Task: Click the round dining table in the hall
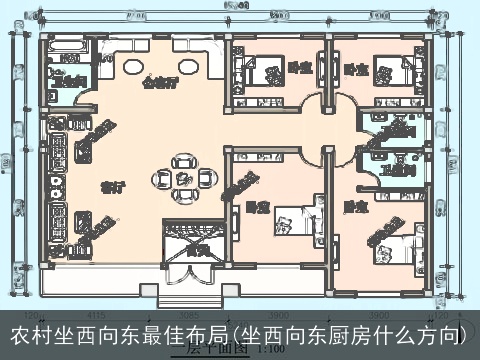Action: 182,177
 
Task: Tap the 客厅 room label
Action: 112,187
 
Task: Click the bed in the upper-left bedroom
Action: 250,69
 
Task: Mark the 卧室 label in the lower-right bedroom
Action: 353,207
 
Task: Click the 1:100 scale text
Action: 270,349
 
